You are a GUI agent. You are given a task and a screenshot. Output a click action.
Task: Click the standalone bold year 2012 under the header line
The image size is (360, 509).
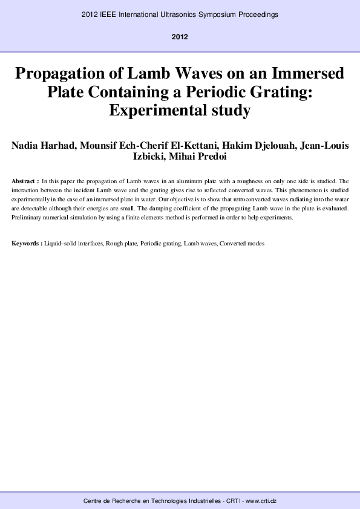[x=180, y=37]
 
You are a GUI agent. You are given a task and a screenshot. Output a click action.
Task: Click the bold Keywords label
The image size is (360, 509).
[x=27, y=244]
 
